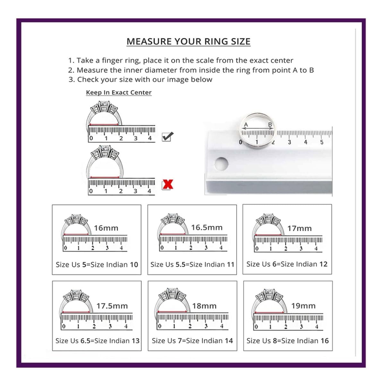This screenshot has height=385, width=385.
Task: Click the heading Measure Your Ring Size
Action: point(188,41)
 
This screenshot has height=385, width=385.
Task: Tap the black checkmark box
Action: point(167,137)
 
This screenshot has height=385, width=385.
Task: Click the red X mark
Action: point(168,184)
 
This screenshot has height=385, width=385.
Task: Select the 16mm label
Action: point(106,228)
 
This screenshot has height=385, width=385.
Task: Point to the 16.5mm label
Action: point(207,227)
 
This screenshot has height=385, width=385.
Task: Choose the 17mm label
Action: point(299,228)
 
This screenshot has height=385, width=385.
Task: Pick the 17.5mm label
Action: point(112,306)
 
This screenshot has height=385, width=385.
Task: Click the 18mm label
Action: point(204,306)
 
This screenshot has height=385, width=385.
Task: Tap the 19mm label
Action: point(303,306)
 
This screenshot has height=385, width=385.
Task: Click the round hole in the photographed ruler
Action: point(221,164)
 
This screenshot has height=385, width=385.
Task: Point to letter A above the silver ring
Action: point(246,125)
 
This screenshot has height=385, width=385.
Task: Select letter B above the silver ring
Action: point(270,125)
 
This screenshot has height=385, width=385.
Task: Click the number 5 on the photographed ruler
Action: point(322,142)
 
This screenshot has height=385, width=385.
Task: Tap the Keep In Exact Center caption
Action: point(119,92)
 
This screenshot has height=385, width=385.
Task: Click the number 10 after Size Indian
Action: point(134,265)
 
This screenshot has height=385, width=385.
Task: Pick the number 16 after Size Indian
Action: point(324,341)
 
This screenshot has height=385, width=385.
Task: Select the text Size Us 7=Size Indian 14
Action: point(192,341)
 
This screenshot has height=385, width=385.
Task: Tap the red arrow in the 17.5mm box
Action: point(76,312)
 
